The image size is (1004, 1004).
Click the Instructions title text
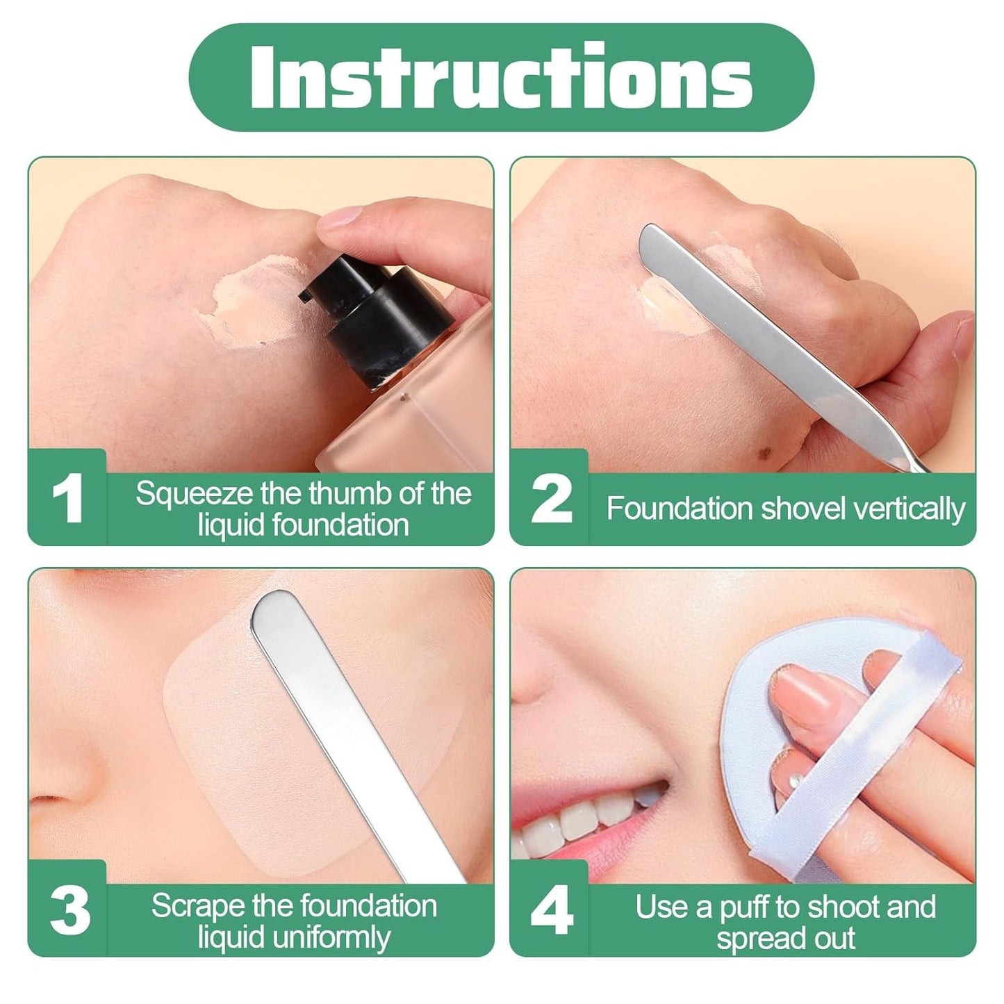[x=501, y=77]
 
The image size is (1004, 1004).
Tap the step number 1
[x=68, y=498]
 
